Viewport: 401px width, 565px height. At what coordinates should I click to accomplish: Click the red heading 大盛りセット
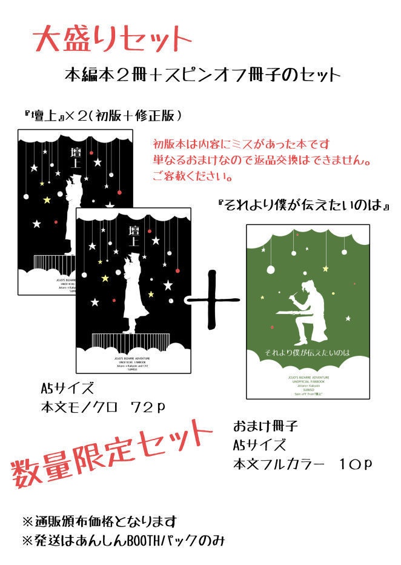[x=113, y=40]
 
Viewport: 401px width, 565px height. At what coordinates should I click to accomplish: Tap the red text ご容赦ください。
[x=193, y=177]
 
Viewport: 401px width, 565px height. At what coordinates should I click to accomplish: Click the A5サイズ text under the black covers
[x=67, y=389]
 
